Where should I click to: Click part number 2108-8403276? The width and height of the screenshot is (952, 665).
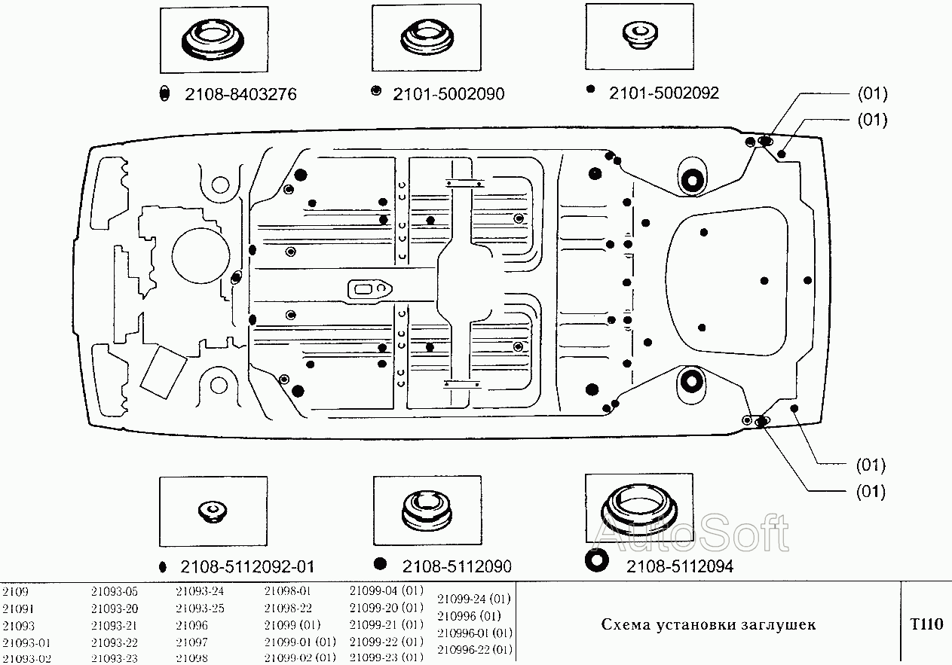click(240, 94)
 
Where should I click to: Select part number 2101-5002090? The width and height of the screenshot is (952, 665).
click(448, 94)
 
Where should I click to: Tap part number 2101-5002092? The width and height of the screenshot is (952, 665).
click(663, 93)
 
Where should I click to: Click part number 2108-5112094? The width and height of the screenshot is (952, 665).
click(680, 566)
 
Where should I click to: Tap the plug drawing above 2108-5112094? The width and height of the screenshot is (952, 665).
click(639, 511)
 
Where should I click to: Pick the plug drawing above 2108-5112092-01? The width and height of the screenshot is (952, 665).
click(213, 511)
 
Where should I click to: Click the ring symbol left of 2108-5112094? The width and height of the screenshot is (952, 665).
click(596, 562)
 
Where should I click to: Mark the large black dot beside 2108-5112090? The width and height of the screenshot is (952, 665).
click(381, 564)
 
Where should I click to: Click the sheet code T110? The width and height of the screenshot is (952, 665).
click(926, 624)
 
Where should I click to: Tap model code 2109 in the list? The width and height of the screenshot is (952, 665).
click(15, 592)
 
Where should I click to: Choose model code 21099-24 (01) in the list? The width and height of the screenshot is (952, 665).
click(474, 599)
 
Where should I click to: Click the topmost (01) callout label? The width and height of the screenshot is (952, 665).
click(872, 94)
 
